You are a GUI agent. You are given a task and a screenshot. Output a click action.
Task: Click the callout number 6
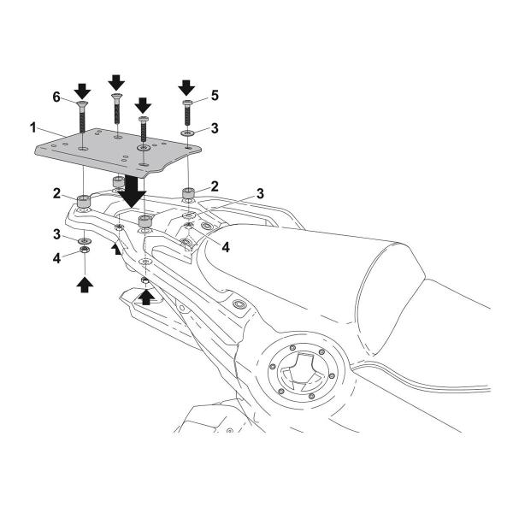tap(56, 97)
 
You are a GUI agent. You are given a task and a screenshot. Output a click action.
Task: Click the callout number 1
tap(33, 128)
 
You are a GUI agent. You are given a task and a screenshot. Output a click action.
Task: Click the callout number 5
tap(215, 96)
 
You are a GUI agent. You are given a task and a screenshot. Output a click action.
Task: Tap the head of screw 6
tap(82, 104)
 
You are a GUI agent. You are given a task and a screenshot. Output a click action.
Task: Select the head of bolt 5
tap(186, 103)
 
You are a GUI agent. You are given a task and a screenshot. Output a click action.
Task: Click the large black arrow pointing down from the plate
tap(132, 192)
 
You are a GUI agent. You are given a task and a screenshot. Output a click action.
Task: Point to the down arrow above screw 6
tap(82, 91)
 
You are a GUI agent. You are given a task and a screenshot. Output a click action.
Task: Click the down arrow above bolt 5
tap(186, 88)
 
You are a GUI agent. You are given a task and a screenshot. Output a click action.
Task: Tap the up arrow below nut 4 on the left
tap(85, 285)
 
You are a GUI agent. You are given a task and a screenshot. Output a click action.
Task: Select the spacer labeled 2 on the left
tap(83, 201)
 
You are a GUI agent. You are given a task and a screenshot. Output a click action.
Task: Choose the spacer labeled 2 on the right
tap(188, 192)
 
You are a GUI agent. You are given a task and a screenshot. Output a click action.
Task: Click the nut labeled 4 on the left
tap(85, 251)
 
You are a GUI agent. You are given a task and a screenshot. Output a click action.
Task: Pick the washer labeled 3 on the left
tap(85, 241)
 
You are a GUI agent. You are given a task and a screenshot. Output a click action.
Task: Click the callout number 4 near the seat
tap(226, 247)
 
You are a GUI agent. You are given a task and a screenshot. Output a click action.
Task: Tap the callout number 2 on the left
tap(56, 193)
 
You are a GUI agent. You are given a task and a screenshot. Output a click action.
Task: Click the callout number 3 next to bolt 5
tap(215, 128)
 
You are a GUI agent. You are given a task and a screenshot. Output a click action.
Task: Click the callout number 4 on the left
tap(57, 258)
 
